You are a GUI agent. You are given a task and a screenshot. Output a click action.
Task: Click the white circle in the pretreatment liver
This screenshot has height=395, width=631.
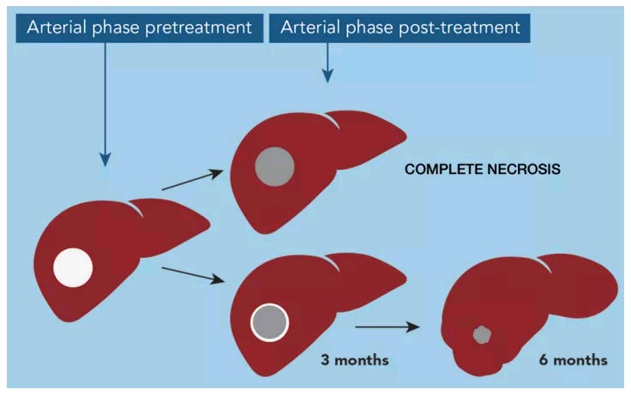click(73, 267)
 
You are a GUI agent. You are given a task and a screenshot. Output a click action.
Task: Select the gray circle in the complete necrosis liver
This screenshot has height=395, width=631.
click(275, 166)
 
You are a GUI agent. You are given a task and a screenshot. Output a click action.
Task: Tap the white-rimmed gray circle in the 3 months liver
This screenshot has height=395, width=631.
click(269, 322)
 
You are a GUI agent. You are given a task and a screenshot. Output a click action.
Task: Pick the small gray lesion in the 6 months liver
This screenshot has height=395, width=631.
click(482, 335)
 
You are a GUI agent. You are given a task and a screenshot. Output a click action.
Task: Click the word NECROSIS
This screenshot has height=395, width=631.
click(524, 169)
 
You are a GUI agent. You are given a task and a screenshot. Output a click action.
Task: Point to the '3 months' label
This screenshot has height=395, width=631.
click(355, 360)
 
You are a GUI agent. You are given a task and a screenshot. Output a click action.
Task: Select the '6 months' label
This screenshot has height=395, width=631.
click(573, 360)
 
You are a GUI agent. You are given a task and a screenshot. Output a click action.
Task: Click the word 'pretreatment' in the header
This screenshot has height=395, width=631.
click(198, 27)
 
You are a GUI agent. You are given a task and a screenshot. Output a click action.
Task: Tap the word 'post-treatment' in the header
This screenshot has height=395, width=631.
click(454, 27)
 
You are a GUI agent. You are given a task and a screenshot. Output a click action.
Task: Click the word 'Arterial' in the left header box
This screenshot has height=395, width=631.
click(57, 27)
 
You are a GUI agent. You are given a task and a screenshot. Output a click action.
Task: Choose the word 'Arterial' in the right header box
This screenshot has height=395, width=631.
click(310, 27)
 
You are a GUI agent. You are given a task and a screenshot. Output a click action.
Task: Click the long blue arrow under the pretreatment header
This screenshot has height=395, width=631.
click(105, 105)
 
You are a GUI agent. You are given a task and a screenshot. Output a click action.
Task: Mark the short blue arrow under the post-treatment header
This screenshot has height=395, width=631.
click(328, 63)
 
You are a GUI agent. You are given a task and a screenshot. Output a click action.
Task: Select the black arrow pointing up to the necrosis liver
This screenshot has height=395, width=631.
click(192, 180)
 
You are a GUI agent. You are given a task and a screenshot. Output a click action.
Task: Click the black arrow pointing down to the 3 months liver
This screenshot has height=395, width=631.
click(192, 276)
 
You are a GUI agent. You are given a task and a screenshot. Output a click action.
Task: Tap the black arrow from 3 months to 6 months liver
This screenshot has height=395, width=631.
click(388, 327)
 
